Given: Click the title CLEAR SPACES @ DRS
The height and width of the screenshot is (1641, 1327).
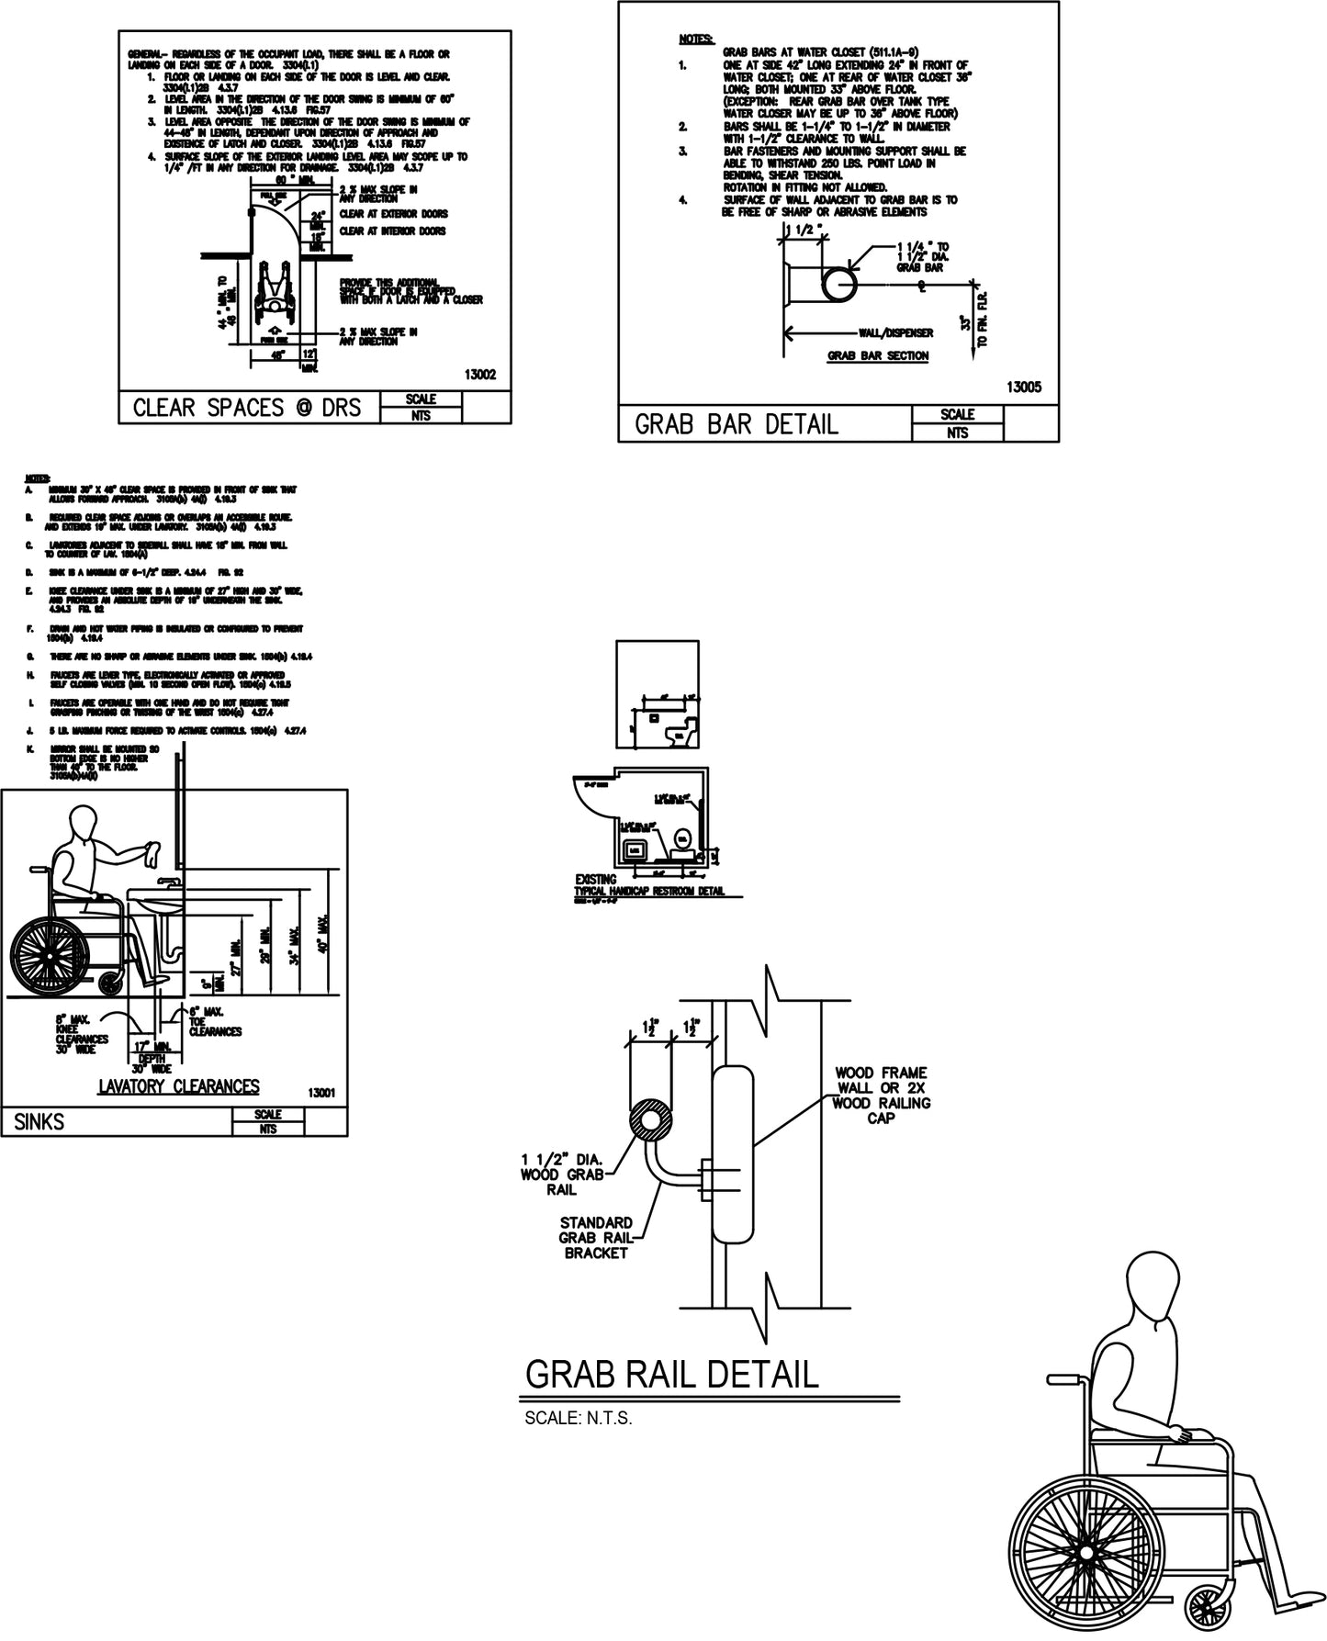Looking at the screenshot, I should [247, 408].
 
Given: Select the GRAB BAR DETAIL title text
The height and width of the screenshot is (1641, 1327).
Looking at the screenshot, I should [737, 424].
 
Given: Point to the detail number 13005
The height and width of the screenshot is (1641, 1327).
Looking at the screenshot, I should [1023, 388].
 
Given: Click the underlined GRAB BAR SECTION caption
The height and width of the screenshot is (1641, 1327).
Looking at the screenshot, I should [878, 355].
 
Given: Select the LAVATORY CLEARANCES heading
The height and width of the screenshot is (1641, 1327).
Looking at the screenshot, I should [179, 1087].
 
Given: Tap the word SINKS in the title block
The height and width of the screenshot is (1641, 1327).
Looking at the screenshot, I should [39, 1122].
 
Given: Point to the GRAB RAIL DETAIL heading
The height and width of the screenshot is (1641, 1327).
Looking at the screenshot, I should [670, 1375].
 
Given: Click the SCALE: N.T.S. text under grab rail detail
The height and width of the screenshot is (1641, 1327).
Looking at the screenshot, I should [579, 1418].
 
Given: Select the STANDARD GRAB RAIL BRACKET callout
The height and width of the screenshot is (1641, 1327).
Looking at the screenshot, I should [597, 1237].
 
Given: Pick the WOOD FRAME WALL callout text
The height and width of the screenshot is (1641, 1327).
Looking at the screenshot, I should [881, 1095].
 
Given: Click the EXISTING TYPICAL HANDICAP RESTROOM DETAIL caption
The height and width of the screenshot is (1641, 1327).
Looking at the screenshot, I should [648, 885].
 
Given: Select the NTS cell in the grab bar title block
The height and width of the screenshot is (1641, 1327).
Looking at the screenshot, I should [957, 433].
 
